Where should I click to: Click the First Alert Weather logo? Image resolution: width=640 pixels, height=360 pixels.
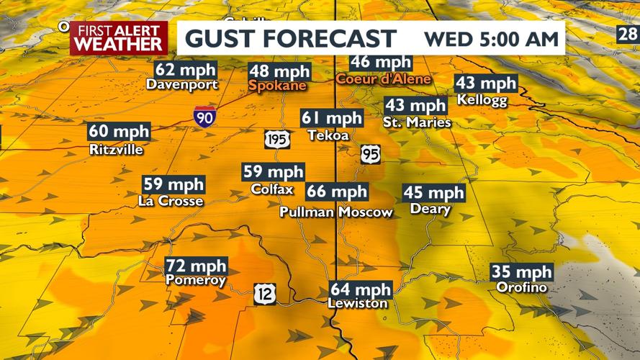tap(119, 38)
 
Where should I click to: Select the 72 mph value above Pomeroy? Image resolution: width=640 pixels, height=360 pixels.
tap(196, 266)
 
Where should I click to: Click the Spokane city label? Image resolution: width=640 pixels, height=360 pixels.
tap(277, 86)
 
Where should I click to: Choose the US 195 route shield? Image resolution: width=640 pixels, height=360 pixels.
tap(276, 139)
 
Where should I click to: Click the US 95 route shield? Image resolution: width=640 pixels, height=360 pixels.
tap(371, 153)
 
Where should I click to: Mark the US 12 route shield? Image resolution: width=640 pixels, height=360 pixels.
tap(263, 292)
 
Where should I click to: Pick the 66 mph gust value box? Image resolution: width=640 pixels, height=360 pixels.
tap(337, 192)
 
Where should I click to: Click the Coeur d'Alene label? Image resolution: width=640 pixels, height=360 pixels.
tap(383, 78)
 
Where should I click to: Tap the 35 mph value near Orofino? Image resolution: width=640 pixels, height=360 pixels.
tap(521, 272)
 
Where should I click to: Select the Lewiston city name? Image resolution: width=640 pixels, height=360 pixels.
tap(357, 303)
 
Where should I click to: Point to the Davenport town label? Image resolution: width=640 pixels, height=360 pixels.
tap(181, 84)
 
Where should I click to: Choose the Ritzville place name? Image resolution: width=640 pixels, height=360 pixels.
tap(117, 150)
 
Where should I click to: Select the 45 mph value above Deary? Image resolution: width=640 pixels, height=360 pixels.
tap(433, 193)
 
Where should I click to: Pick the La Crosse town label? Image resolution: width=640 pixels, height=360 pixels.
tap(171, 202)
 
